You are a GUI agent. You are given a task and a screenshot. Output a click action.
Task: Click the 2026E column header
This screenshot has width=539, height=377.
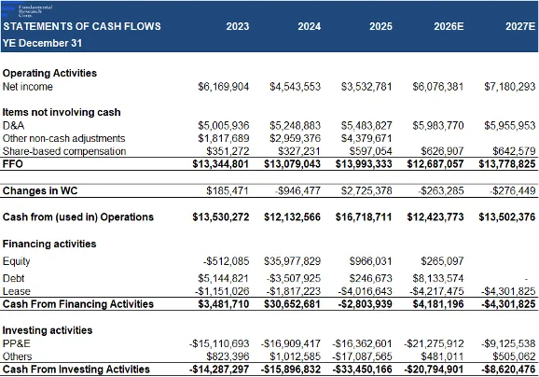pos(449,26)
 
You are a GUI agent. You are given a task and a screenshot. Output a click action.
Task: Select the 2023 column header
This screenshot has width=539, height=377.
pos(238,26)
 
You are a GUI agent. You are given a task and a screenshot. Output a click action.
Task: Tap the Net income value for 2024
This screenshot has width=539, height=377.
pos(295,87)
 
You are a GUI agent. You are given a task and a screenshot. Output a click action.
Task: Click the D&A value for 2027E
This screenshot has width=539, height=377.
pos(510,126)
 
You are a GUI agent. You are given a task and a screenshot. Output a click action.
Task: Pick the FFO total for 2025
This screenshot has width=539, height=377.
pos(364,163)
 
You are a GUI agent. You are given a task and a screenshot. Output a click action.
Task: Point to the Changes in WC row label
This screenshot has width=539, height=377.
pos(40,191)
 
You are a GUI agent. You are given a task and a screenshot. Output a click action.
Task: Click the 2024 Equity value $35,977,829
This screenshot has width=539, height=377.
pos(292,261)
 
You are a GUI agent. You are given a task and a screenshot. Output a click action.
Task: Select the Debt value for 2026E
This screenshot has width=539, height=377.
pos(438,278)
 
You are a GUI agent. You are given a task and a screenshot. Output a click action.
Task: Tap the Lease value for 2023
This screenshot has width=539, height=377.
pos(222,291)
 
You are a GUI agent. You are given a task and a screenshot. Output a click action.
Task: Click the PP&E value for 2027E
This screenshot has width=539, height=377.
pos(508,343)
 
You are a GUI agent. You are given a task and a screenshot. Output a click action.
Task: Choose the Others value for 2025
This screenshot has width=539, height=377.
pos(363,356)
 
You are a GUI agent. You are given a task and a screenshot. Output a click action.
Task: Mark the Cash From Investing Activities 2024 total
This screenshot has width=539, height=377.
pos(291,370)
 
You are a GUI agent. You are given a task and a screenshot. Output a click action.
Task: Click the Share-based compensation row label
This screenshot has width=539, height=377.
pos(64,151)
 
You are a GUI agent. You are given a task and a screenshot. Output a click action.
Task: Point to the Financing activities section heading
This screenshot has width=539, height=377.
pos(49,244)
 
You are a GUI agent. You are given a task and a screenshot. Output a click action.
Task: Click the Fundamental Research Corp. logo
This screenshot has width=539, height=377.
pos(27,11)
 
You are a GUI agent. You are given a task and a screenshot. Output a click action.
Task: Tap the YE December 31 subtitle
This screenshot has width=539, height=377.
pos(42,43)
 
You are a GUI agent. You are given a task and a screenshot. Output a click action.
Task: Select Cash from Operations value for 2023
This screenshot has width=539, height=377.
pos(221,217)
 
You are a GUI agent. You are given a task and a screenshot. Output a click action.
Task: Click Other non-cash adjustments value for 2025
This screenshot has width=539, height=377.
pos(366,138)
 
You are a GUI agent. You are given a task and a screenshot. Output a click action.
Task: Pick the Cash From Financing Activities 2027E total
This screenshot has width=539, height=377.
pos(508,304)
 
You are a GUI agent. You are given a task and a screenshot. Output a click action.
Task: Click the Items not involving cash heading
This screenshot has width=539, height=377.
pos(62,112)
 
